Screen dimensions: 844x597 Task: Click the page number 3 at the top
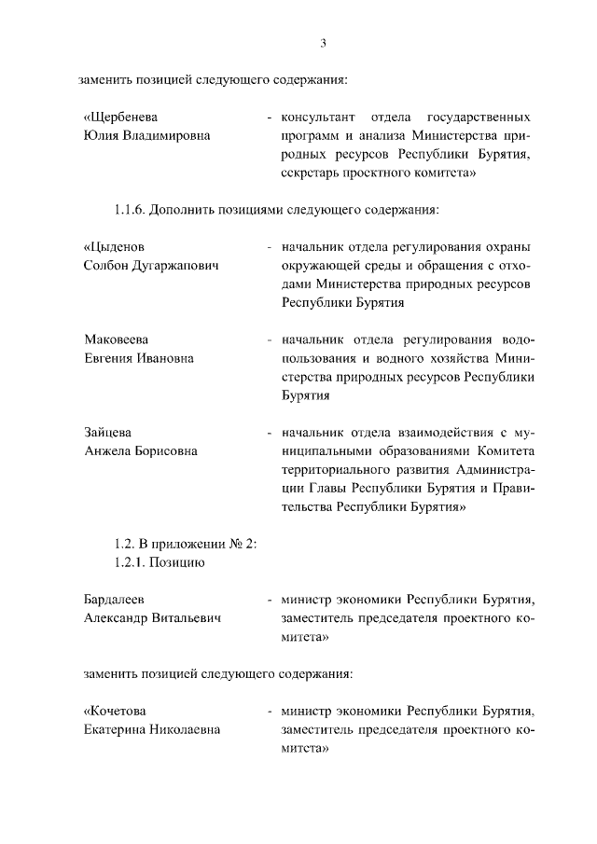pos(322,43)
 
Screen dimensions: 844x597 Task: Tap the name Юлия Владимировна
pos(146,135)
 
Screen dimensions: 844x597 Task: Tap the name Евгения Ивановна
pos(138,358)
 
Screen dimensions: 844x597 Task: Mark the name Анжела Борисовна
pos(140,451)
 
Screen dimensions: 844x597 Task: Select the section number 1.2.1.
pos(130,562)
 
